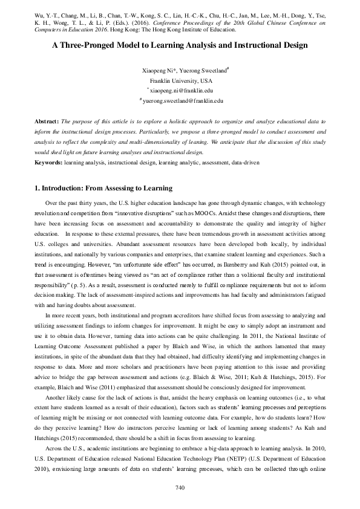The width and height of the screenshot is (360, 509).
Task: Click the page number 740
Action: pos(180,487)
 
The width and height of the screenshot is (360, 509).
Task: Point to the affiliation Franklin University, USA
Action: pos(180,80)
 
